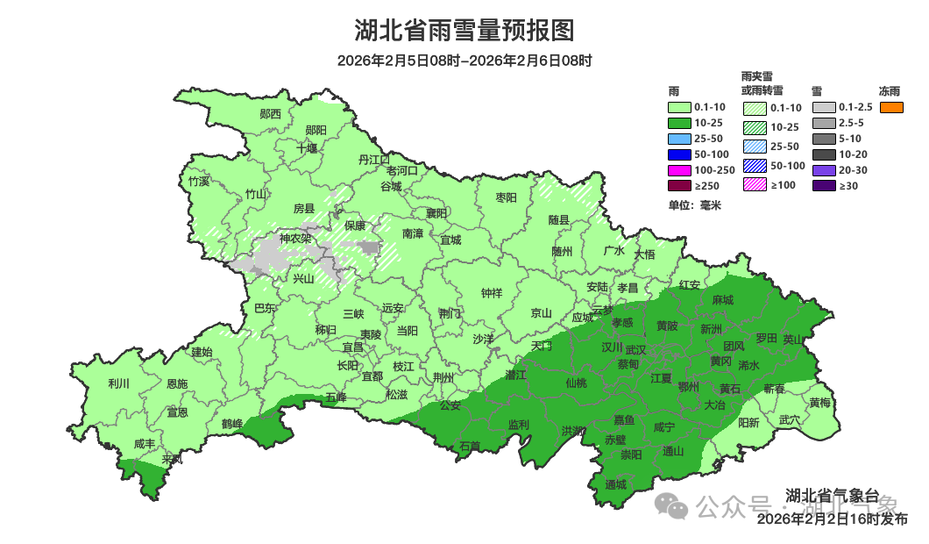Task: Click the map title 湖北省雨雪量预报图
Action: [464, 31]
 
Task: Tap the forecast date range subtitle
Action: [464, 61]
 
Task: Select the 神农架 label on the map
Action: [294, 239]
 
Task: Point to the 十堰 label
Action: [307, 148]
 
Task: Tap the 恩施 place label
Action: [176, 383]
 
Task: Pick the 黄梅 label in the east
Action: [820, 403]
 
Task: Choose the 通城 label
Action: [616, 484]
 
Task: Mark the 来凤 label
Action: [172, 460]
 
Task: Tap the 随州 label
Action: [562, 251]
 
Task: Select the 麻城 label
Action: [722, 300]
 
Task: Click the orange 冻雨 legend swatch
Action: [890, 107]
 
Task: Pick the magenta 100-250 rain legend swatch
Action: [678, 168]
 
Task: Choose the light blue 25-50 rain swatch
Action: [678, 139]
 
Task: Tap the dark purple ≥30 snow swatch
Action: [823, 186]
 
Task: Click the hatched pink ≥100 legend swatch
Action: [755, 184]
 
